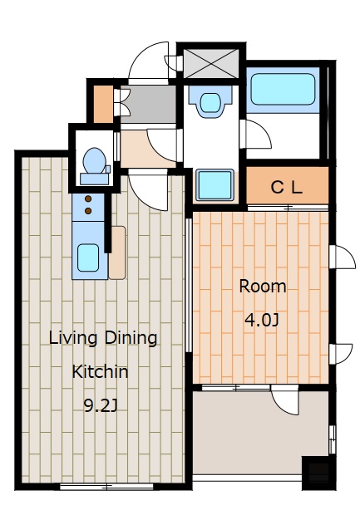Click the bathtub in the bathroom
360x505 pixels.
click(x=283, y=89)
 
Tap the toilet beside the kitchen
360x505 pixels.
click(x=95, y=166)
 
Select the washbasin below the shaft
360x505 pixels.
click(x=210, y=101)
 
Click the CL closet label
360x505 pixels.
click(x=287, y=187)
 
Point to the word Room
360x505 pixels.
click(x=263, y=287)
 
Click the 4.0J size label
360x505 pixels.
click(x=261, y=320)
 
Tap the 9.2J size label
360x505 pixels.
click(x=100, y=405)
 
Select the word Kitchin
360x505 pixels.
click(x=100, y=371)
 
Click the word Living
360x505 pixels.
click(x=73, y=338)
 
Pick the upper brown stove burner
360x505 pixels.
click(x=88, y=199)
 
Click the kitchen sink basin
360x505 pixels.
click(x=88, y=257)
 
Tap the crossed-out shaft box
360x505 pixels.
click(x=211, y=63)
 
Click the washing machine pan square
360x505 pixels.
click(x=215, y=184)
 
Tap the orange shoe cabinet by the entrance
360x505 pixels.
click(x=103, y=104)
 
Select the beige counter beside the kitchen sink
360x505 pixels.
click(x=117, y=252)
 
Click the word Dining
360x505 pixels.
click(x=131, y=338)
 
